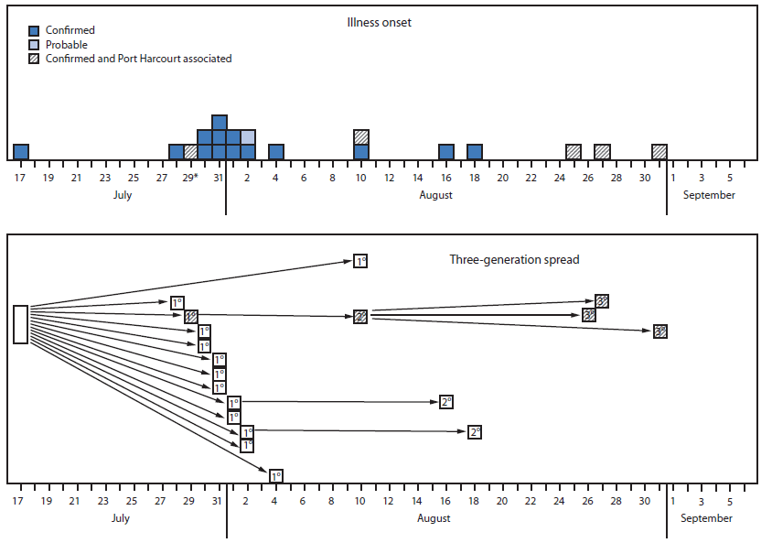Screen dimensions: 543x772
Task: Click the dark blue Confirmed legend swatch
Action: tap(34, 31)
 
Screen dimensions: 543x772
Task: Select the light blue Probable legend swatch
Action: tap(34, 45)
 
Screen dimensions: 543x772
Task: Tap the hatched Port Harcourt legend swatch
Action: tap(34, 59)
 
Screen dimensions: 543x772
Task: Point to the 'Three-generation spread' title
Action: tap(514, 259)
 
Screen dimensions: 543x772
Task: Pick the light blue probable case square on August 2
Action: tap(248, 137)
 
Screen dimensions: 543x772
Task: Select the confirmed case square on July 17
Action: tap(21, 152)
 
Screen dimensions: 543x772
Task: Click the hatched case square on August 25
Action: tap(574, 152)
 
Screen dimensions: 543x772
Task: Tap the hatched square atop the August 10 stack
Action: tap(361, 137)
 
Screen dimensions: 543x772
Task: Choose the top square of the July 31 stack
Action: tap(220, 123)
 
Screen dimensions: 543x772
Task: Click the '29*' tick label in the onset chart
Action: tap(190, 177)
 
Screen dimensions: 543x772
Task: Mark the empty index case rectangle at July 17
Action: tap(20, 324)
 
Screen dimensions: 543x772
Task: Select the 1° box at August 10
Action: tap(360, 262)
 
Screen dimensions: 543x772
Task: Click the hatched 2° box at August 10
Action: tap(360, 317)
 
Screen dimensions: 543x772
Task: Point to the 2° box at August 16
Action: tap(446, 401)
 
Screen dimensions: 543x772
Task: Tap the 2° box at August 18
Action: tap(475, 431)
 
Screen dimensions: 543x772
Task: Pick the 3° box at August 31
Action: tap(660, 331)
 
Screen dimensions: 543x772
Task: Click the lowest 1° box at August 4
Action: tap(275, 475)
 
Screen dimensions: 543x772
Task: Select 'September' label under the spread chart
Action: tap(706, 518)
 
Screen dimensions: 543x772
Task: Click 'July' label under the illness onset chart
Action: tap(122, 195)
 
